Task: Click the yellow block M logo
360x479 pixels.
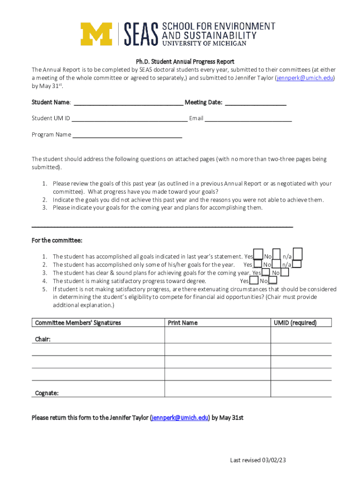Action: click(x=96, y=34)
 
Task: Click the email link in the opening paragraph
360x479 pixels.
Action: click(x=305, y=78)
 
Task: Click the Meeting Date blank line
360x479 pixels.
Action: click(x=255, y=103)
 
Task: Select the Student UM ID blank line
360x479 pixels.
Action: click(x=130, y=119)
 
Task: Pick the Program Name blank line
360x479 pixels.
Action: click(x=127, y=135)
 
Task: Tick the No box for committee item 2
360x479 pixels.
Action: click(x=276, y=265)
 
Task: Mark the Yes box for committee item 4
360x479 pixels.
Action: click(x=254, y=281)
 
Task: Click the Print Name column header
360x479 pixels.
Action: click(x=183, y=323)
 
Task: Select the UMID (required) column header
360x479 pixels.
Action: click(x=295, y=323)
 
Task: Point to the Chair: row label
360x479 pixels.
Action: click(x=43, y=339)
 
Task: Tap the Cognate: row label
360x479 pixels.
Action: click(x=47, y=393)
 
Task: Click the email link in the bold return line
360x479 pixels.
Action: click(x=180, y=418)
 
